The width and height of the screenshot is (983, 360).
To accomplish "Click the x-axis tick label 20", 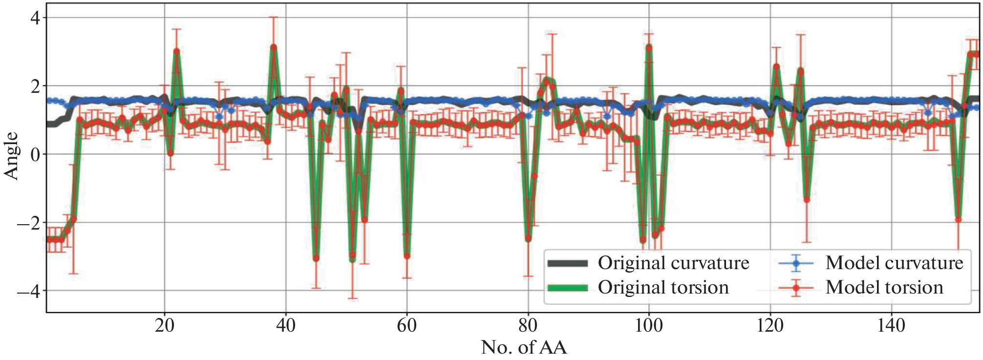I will point(164,326).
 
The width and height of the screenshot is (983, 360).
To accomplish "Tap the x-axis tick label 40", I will point(285,326).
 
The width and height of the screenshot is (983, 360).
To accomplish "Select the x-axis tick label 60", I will point(406,326).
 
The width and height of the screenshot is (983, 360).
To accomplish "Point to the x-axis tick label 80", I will point(528,326).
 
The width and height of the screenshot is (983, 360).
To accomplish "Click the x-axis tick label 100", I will point(648,326).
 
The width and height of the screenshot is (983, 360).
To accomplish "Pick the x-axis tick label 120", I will point(770,326).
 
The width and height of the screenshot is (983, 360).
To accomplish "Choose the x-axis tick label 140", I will point(891,326).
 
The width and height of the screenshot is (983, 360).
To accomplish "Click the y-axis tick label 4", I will point(36,18).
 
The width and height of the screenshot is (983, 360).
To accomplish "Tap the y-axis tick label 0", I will point(36,155).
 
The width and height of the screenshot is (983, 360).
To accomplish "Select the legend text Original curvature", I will point(673,263).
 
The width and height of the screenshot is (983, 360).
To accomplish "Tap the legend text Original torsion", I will point(663,288).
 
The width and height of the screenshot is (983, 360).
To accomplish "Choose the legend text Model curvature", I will point(894,263).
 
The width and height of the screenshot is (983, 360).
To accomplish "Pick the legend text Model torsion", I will point(884,288).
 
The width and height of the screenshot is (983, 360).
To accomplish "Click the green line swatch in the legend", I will point(567,288).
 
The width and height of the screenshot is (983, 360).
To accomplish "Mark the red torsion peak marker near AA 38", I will point(274,47).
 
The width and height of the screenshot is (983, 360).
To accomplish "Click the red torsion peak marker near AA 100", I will point(649,47).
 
